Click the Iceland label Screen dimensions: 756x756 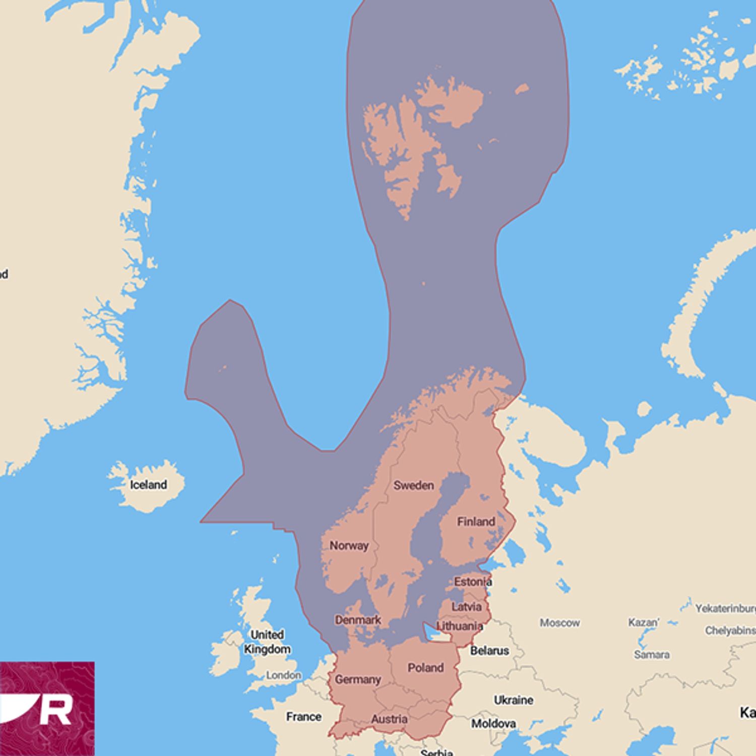click(x=148, y=485)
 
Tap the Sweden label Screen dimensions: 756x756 click(x=413, y=485)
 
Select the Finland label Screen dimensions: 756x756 click(x=476, y=522)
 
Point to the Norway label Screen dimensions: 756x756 click(x=349, y=545)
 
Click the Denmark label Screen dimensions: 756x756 click(x=358, y=620)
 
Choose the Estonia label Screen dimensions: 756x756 click(x=473, y=582)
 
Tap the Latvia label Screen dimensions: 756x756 click(x=466, y=607)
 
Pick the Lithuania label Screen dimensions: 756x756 click(x=460, y=626)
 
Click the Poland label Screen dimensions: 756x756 click(x=425, y=668)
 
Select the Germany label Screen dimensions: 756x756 click(x=358, y=680)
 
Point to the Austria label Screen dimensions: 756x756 click(x=389, y=719)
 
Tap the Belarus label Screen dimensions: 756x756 click(x=489, y=651)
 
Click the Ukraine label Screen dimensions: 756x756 click(x=513, y=700)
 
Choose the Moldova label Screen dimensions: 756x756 click(x=493, y=724)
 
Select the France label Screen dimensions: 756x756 click(x=303, y=716)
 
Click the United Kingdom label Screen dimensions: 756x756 click(x=267, y=642)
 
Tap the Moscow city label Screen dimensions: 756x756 click(x=559, y=623)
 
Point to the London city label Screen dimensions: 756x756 click(x=284, y=675)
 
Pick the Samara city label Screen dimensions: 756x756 click(x=652, y=655)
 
